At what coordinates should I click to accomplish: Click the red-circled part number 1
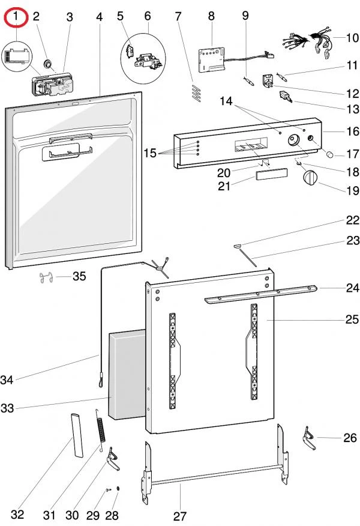point(16,17)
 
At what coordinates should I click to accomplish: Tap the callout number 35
point(79,277)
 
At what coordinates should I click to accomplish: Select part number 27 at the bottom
point(180,515)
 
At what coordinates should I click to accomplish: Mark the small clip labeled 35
point(43,277)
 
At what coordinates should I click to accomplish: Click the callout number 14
point(226,101)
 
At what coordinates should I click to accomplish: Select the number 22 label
point(352,220)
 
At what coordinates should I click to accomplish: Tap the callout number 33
point(7,408)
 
